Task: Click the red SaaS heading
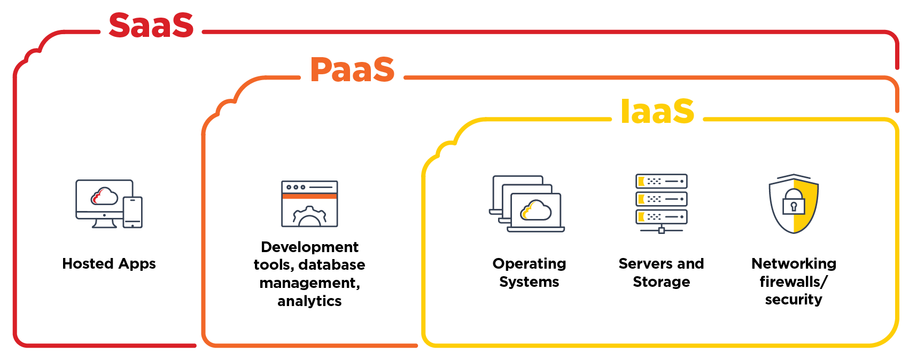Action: (151, 25)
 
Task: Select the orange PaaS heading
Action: (352, 69)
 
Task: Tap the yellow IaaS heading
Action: (657, 111)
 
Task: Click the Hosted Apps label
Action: (109, 264)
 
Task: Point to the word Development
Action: (309, 247)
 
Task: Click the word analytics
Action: (309, 301)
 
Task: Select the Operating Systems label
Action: (529, 272)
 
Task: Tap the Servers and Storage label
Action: (661, 272)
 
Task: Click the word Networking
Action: (794, 264)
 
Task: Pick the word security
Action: (794, 300)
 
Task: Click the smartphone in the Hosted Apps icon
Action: (133, 213)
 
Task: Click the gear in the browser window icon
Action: (309, 216)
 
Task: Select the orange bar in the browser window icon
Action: (309, 196)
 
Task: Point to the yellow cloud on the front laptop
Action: (535, 210)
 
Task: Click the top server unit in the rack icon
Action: (661, 181)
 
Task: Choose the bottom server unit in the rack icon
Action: (661, 217)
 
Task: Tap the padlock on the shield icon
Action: (794, 201)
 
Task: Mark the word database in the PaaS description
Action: (332, 265)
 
